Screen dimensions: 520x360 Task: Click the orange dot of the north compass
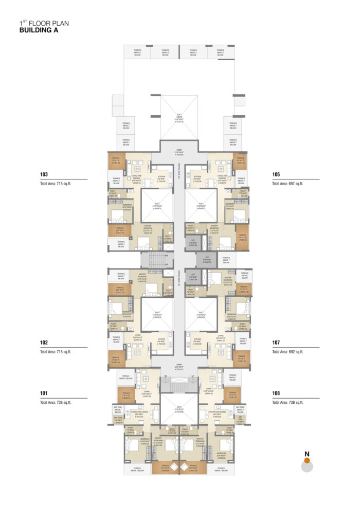pos(307,461)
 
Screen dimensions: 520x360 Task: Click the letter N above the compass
pos(307,453)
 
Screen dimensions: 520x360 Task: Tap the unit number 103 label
pos(44,174)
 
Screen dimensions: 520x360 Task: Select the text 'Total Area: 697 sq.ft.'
pos(287,183)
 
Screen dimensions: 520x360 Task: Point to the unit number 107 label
pos(276,342)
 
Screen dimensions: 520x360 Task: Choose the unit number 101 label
pos(44,393)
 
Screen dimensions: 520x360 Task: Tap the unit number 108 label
pos(276,393)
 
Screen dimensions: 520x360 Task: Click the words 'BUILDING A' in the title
pos(39,30)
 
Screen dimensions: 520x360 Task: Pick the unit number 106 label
pos(276,174)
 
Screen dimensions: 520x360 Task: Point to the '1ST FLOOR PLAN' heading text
pos(43,23)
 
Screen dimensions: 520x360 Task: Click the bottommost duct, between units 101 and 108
pos(178,410)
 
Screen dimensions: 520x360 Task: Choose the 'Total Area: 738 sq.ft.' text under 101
pos(56,403)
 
